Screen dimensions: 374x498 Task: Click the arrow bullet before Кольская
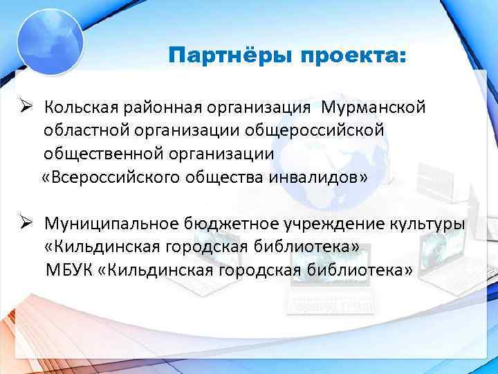[26, 108]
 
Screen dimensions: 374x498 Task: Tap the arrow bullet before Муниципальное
[26, 223]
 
